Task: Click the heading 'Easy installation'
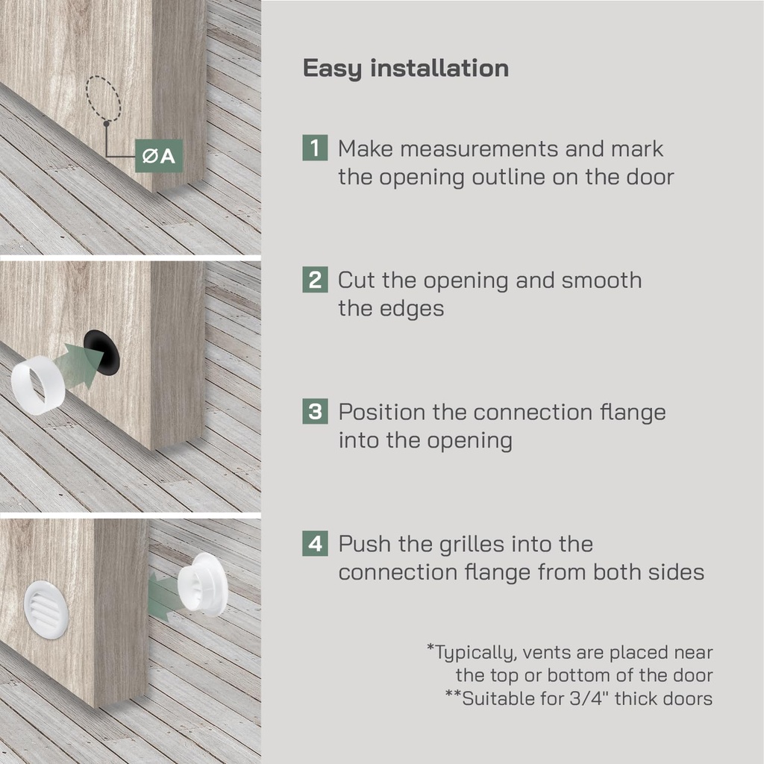pos(406,68)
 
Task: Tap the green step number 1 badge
pos(315,148)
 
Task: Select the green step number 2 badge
pos(315,280)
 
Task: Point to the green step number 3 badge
pos(315,411)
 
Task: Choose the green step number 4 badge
pos(315,543)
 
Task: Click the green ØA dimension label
pos(159,156)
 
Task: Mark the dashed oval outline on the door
pos(103,99)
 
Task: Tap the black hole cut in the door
pos(101,353)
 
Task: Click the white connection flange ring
pos(37,385)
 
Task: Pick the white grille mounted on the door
pos(46,610)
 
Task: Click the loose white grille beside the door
pos(203,585)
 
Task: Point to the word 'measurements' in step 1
pos(479,148)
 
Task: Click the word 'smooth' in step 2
pos(601,281)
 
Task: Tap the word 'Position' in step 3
pos(382,412)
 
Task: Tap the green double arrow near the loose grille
pos(163,597)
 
